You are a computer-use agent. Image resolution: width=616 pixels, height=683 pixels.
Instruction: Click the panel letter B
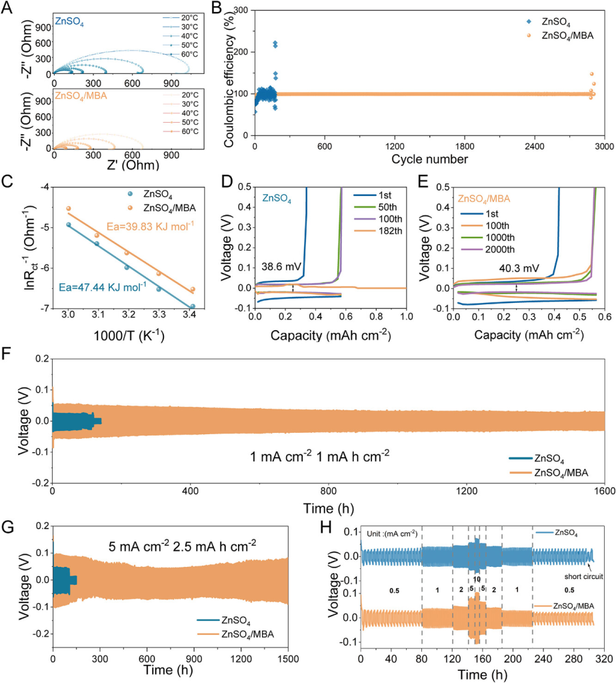(x=217, y=7)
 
